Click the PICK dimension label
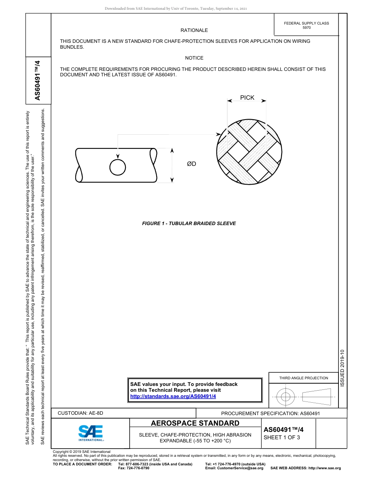tap(247, 98)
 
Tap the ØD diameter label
tap(192, 164)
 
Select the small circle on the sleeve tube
tap(118, 167)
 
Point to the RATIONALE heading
tap(194, 30)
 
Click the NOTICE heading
tap(194, 58)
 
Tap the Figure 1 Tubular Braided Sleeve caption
tap(189, 224)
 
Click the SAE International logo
tap(90, 433)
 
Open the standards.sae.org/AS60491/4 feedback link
tap(173, 396)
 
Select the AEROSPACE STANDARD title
tap(195, 423)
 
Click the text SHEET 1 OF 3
tap(282, 437)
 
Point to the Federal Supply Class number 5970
tap(307, 28)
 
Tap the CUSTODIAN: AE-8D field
tap(80, 413)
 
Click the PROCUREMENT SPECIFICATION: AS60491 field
tap(270, 413)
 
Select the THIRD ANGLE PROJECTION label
tap(303, 378)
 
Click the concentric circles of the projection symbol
tap(286, 397)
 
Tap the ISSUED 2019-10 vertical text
tap(342, 368)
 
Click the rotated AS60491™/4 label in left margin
tap(38, 80)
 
